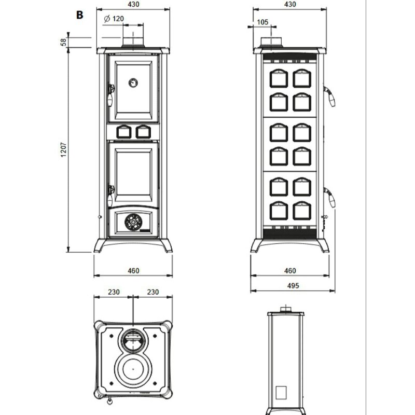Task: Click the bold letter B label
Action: (79, 15)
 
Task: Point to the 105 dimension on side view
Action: (262, 22)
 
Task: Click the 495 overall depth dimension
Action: (290, 285)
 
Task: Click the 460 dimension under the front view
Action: (133, 271)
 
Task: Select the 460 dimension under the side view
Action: (290, 271)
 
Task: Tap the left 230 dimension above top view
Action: (114, 292)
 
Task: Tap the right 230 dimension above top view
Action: (153, 292)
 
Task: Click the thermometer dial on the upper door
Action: (133, 81)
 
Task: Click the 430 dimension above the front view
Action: (133, 4)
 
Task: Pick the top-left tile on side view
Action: (279, 78)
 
